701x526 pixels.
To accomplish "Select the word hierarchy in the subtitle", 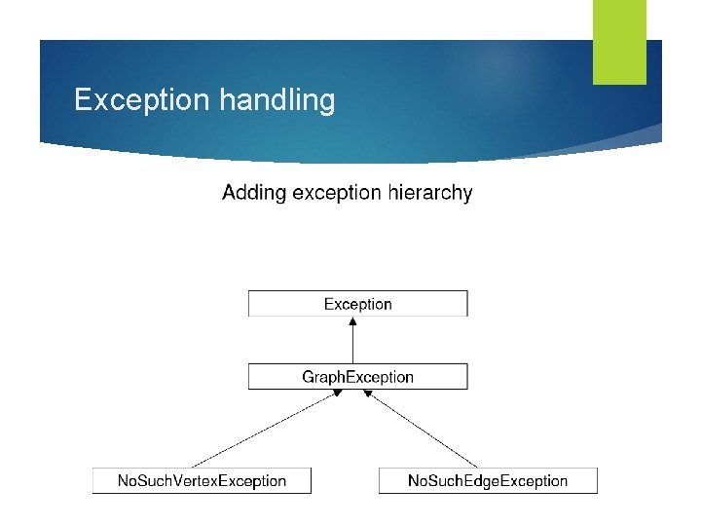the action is coord(430,193).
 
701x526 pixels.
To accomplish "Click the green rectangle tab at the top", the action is coord(619,41).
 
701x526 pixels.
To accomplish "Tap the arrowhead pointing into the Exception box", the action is coord(352,320).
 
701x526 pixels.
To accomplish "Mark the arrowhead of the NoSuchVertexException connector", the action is coord(338,393).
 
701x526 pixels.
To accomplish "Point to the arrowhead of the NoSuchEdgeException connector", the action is coord(368,393).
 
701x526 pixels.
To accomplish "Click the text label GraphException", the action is coord(357,377).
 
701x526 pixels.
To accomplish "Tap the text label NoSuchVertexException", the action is coord(202,480).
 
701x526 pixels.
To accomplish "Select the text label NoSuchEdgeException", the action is coord(487,480).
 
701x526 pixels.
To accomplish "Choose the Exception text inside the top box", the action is coord(357,304).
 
